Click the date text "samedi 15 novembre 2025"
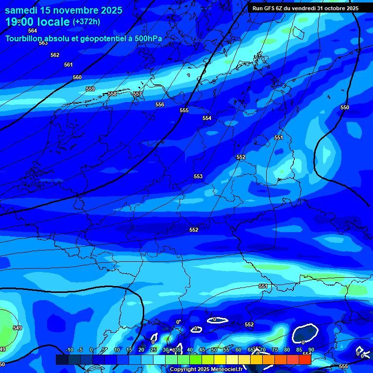[63, 10]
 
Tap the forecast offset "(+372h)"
[86, 22]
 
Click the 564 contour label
[33, 31]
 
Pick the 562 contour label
[55, 55]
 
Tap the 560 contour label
[77, 77]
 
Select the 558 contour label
[112, 94]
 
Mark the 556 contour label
[160, 104]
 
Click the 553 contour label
[198, 176]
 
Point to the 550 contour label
[345, 107]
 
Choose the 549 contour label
[17, 328]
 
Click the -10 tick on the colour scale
[69, 350]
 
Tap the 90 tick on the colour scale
[311, 350]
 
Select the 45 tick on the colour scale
[202, 350]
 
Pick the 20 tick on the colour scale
[141, 350]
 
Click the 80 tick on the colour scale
[287, 350]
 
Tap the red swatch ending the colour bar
[305, 359]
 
